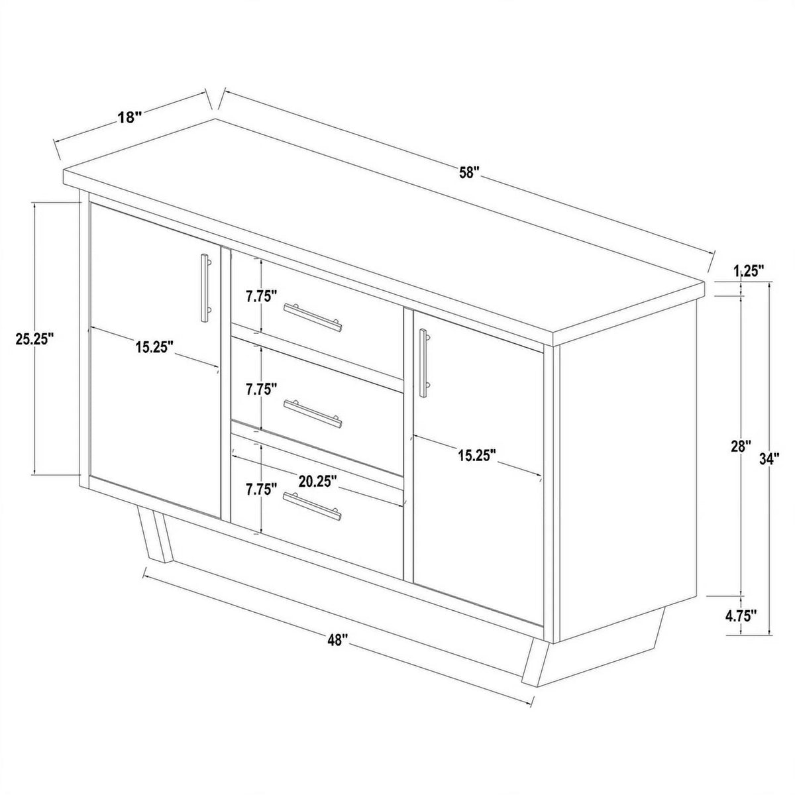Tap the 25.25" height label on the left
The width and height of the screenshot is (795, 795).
tap(35, 339)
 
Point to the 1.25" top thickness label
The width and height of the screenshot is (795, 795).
tap(749, 271)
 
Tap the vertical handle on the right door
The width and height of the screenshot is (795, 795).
tap(424, 362)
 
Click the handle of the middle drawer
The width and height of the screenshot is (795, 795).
tap(312, 414)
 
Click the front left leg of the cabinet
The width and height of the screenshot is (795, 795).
tap(156, 537)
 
